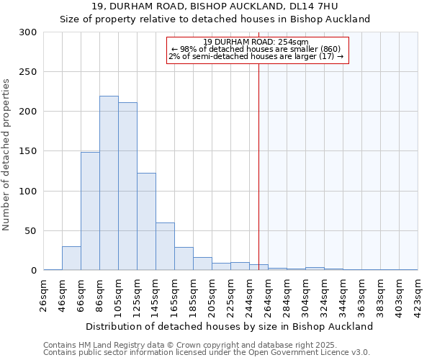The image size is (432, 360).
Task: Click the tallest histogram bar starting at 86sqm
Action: (109, 184)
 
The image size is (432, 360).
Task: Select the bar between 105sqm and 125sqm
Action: (127, 186)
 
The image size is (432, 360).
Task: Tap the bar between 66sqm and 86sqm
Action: (90, 211)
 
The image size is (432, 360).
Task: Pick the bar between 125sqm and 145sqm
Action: (146, 222)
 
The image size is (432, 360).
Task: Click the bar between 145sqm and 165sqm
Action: (165, 247)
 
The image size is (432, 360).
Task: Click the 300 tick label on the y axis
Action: (28, 32)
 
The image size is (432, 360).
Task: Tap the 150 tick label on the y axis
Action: (28, 151)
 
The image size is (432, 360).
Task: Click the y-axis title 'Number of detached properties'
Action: (6, 155)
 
